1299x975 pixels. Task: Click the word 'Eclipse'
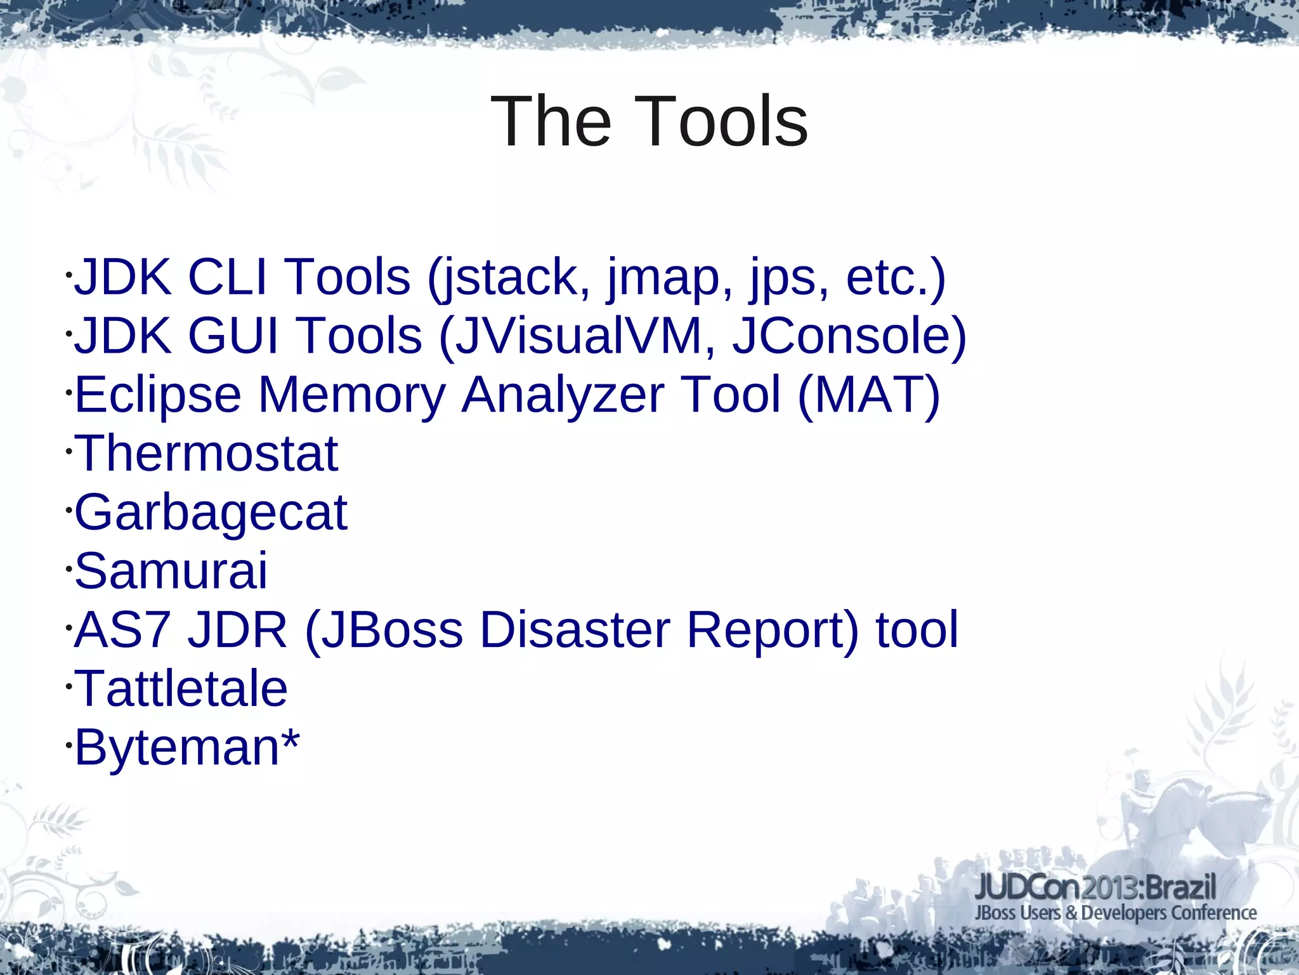pyautogui.click(x=158, y=395)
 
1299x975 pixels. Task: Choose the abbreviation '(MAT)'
pyautogui.click(x=868, y=395)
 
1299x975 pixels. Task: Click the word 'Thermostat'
pyautogui.click(x=207, y=454)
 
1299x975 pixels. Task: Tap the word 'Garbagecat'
pyautogui.click(x=211, y=513)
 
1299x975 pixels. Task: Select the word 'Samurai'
pyautogui.click(x=171, y=571)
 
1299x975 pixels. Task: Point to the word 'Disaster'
pyautogui.click(x=575, y=630)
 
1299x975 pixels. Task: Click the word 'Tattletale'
pyautogui.click(x=181, y=689)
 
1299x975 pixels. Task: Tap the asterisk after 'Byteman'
pyautogui.click(x=290, y=739)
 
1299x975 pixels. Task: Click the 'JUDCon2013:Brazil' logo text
pyautogui.click(x=1095, y=886)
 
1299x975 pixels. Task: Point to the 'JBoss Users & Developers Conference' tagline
pyautogui.click(x=1115, y=913)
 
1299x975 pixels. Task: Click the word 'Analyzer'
pyautogui.click(x=563, y=395)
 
